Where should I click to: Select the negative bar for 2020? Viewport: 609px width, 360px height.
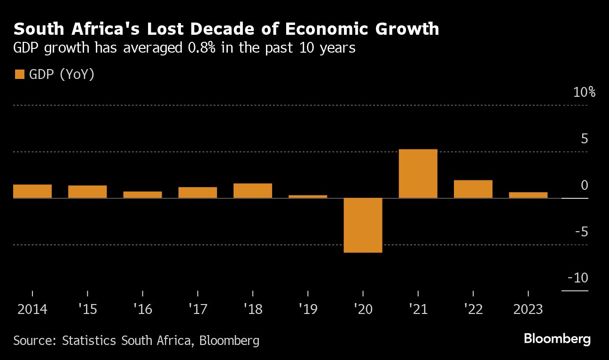(363, 225)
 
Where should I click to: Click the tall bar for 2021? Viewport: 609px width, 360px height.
(418, 173)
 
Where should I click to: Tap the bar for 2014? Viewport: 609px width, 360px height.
(32, 191)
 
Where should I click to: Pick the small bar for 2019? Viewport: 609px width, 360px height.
(308, 196)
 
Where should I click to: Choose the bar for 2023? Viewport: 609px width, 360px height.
(528, 195)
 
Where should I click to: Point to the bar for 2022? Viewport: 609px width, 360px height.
(473, 189)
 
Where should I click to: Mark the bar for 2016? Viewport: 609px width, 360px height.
(142, 195)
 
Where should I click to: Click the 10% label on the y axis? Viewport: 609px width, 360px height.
(584, 93)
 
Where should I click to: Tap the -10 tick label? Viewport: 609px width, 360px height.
(578, 278)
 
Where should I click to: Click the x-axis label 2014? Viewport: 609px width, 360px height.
(32, 310)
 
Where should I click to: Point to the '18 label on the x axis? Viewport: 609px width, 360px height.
(253, 310)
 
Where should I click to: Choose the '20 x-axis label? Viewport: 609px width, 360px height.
(363, 310)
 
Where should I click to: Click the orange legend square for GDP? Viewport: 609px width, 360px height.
(20, 74)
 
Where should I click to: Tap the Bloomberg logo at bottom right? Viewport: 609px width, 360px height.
(557, 339)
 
